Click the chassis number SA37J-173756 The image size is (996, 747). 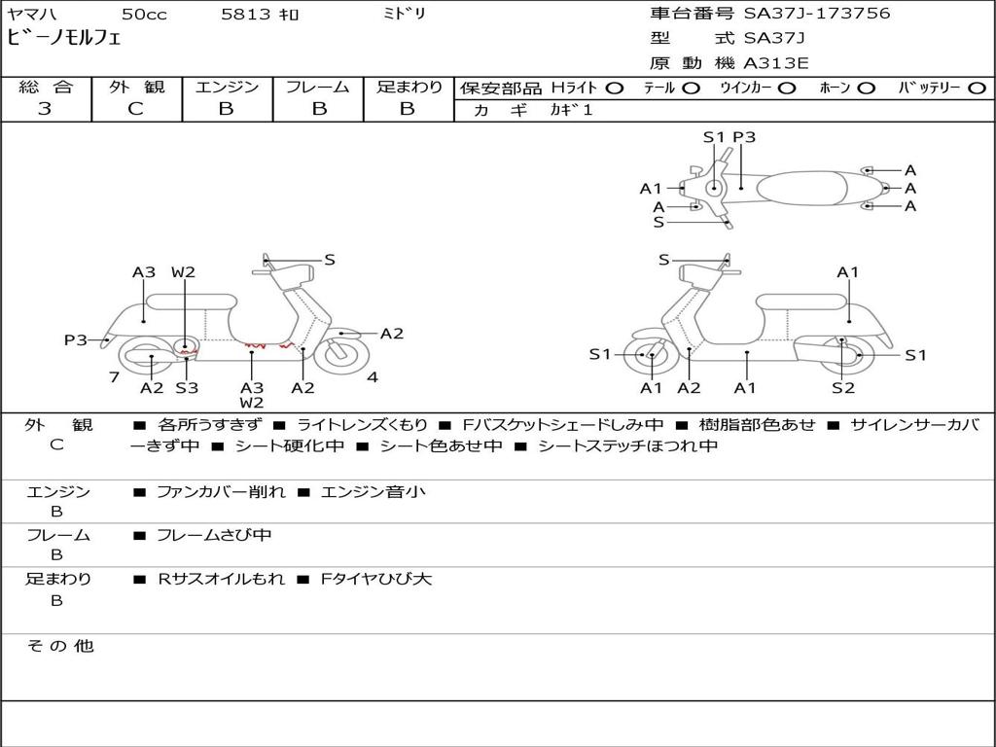point(817,14)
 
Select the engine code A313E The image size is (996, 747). point(775,63)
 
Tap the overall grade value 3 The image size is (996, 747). point(45,109)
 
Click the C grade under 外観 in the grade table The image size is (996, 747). point(135,109)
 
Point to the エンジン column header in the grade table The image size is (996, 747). point(227,87)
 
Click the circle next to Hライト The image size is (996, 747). point(615,89)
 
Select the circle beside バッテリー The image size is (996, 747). point(977,89)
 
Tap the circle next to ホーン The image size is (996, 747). point(866,89)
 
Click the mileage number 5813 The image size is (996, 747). point(246,14)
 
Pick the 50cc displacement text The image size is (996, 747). point(144,14)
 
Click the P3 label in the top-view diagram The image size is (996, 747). point(744,137)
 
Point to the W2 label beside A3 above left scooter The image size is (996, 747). point(183,272)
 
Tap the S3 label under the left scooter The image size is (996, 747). point(187,387)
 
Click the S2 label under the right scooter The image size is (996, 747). point(843,387)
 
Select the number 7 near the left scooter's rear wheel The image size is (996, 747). point(115,377)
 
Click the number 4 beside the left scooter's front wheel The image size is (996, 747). point(373,377)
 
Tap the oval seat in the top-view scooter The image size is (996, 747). point(801,188)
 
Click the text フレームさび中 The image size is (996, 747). point(214,536)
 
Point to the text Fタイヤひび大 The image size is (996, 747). point(376,579)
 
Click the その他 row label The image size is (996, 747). point(60,646)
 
